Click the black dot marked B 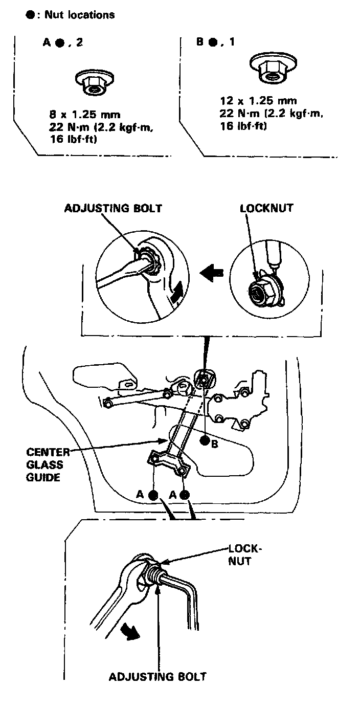click(x=205, y=440)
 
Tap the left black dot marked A click(x=153, y=495)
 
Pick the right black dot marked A click(x=185, y=495)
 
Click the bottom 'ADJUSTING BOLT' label click(x=157, y=677)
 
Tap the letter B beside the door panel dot click(x=215, y=445)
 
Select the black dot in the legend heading click(x=29, y=15)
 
